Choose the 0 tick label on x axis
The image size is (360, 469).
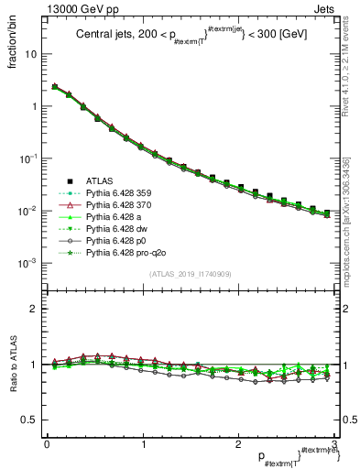(47, 443)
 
